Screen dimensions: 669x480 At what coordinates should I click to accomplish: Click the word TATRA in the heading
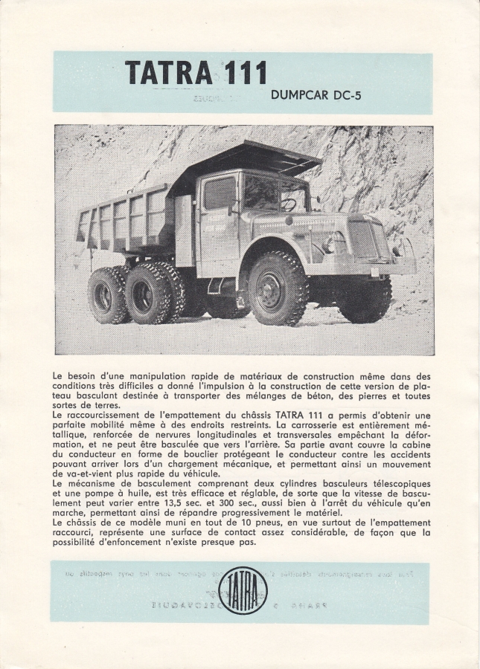pyautogui.click(x=168, y=72)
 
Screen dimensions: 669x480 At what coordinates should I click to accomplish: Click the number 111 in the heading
pyautogui.click(x=243, y=72)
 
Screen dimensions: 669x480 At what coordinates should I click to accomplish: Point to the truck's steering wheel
pyautogui.click(x=288, y=203)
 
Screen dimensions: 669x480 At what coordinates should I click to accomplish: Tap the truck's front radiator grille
pyautogui.click(x=364, y=240)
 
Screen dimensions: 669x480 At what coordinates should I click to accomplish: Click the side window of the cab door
pyautogui.click(x=220, y=193)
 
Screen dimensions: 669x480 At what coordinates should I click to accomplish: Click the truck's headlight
pyautogui.click(x=329, y=244)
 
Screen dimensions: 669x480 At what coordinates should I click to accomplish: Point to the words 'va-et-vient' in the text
pyautogui.click(x=81, y=474)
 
